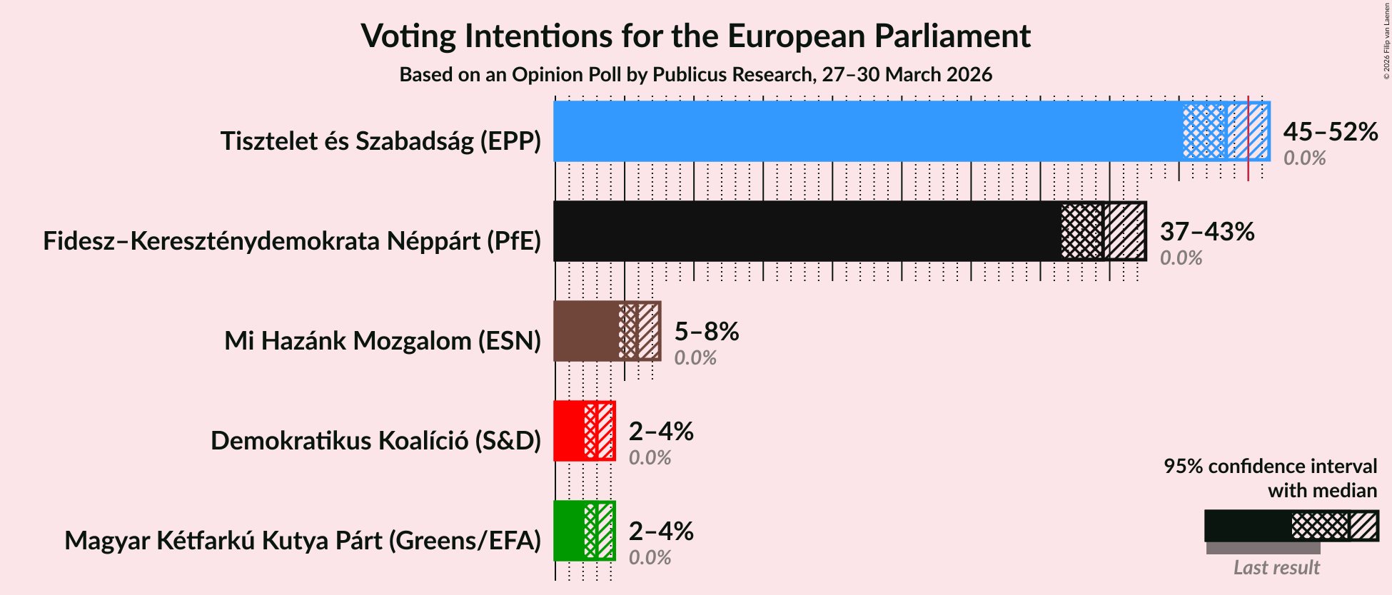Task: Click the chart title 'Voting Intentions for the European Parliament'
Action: coord(695,36)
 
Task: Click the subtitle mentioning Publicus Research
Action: coord(695,75)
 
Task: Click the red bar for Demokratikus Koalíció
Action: coord(569,431)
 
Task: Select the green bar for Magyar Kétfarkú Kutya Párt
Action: coord(569,531)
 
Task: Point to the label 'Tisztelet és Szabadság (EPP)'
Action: coord(380,141)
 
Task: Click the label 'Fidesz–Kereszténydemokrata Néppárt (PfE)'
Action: coord(292,241)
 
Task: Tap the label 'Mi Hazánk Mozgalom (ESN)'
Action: coord(383,341)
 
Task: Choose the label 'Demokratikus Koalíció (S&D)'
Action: coord(375,441)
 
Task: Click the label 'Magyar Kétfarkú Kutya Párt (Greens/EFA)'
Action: coord(303,541)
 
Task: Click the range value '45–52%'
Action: coord(1330,132)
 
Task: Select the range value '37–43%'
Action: coord(1206,232)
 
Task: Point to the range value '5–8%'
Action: coord(706,332)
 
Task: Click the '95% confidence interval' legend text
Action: coord(1270,467)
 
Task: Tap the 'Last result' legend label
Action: coord(1276,568)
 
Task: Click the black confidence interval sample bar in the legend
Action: coord(1291,527)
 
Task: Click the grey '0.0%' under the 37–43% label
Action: coord(1181,258)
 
